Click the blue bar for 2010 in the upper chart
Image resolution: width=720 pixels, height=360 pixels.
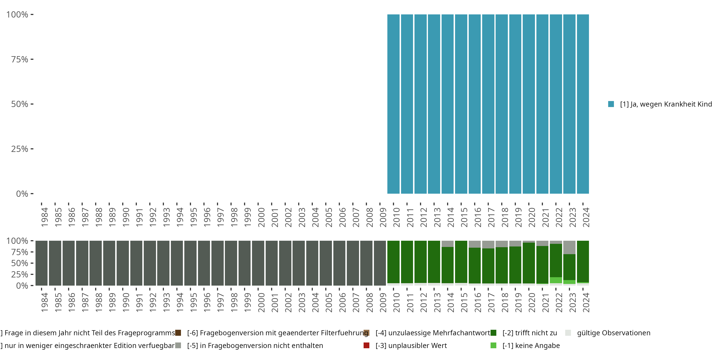(393, 104)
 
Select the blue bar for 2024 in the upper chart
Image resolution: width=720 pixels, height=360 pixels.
(583, 104)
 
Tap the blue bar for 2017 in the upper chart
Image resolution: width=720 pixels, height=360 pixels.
(488, 104)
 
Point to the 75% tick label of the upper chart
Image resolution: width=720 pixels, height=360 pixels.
(20, 59)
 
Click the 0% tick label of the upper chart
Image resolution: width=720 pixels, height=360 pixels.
(22, 194)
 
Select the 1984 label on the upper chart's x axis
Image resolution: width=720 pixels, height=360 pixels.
(44, 217)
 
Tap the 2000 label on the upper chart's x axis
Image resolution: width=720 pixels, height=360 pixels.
(261, 217)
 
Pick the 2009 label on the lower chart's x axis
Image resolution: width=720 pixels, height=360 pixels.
(383, 302)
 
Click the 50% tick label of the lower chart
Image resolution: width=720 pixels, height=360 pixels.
(20, 263)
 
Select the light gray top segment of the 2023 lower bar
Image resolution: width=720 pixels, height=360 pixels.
(569, 247)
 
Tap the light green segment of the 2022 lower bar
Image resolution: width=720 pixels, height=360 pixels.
(556, 280)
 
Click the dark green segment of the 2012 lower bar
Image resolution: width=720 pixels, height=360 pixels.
(420, 262)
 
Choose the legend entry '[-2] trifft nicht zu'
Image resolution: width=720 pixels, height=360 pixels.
(529, 333)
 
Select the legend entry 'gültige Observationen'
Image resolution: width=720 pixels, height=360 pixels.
(613, 333)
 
